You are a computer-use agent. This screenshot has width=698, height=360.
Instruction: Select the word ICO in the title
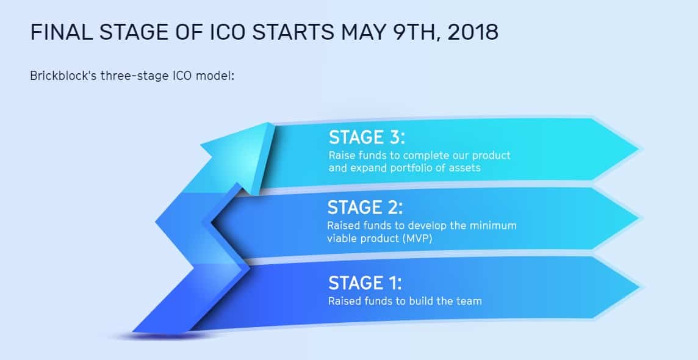[x=229, y=32]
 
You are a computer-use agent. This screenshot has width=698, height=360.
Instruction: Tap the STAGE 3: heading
[x=367, y=137]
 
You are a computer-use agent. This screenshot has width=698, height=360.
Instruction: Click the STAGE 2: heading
[x=365, y=207]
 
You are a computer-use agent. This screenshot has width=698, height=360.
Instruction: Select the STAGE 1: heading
[x=365, y=283]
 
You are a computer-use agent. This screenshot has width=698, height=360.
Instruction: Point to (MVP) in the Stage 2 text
[x=417, y=239]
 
